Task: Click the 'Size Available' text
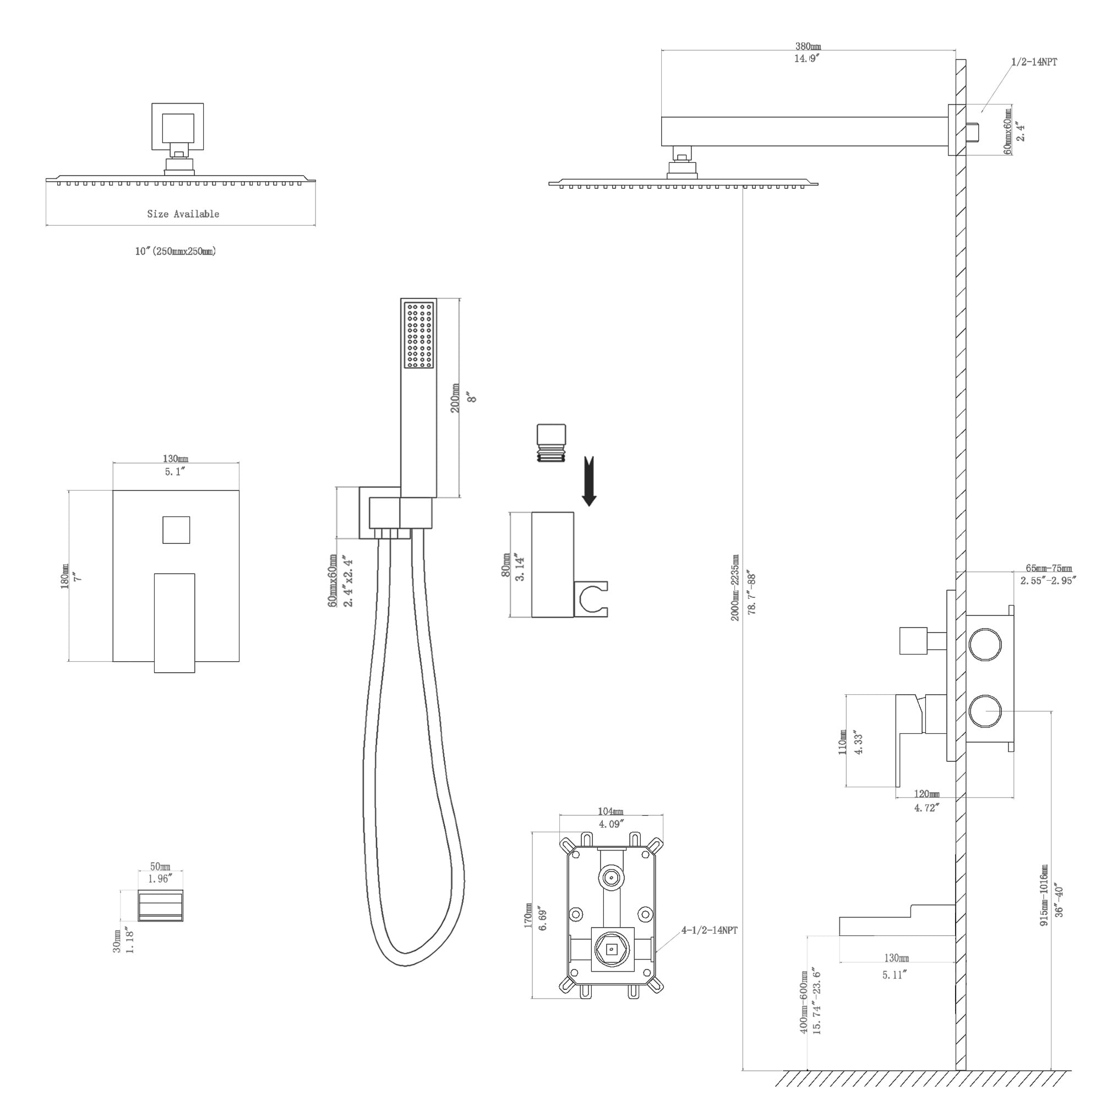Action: point(183,214)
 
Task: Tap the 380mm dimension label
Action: point(808,46)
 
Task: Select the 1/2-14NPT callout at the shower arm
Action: point(1034,62)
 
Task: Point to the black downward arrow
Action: point(589,481)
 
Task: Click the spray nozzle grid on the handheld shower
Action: point(419,335)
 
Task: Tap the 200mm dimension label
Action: point(455,398)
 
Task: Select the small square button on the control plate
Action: point(176,530)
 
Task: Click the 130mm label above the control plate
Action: point(176,459)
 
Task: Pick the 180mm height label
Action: point(65,576)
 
